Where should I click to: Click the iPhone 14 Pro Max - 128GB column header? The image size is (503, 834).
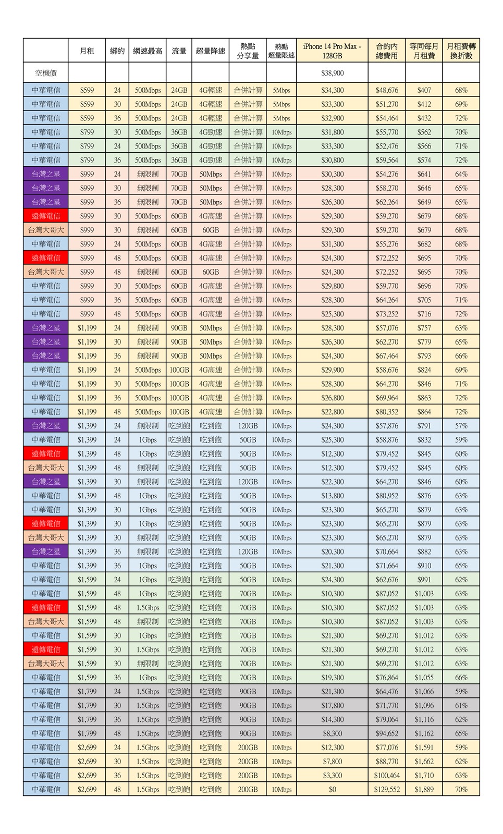(332, 51)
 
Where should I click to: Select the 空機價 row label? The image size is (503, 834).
(46, 73)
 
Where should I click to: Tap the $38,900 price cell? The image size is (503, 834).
(332, 73)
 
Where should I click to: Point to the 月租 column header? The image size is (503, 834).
(87, 51)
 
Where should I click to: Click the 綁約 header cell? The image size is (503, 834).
(117, 51)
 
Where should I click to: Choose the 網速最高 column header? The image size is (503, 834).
(148, 51)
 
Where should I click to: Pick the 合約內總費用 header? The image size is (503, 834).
(386, 51)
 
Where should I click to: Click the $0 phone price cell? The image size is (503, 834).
(332, 789)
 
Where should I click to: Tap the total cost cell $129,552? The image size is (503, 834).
(386, 789)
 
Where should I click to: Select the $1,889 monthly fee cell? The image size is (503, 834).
(424, 789)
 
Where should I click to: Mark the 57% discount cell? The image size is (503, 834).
(461, 426)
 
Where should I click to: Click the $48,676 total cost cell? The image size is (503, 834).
(386, 90)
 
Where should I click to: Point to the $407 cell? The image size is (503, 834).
(424, 90)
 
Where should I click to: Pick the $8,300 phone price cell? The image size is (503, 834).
(332, 733)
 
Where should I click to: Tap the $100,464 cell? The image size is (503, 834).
(386, 775)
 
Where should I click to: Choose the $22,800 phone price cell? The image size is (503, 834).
(332, 412)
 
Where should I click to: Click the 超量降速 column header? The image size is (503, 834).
(211, 51)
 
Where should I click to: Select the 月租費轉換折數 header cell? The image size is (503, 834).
(461, 51)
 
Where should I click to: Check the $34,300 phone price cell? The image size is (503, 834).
(332, 90)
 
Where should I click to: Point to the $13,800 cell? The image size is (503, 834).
(332, 496)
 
